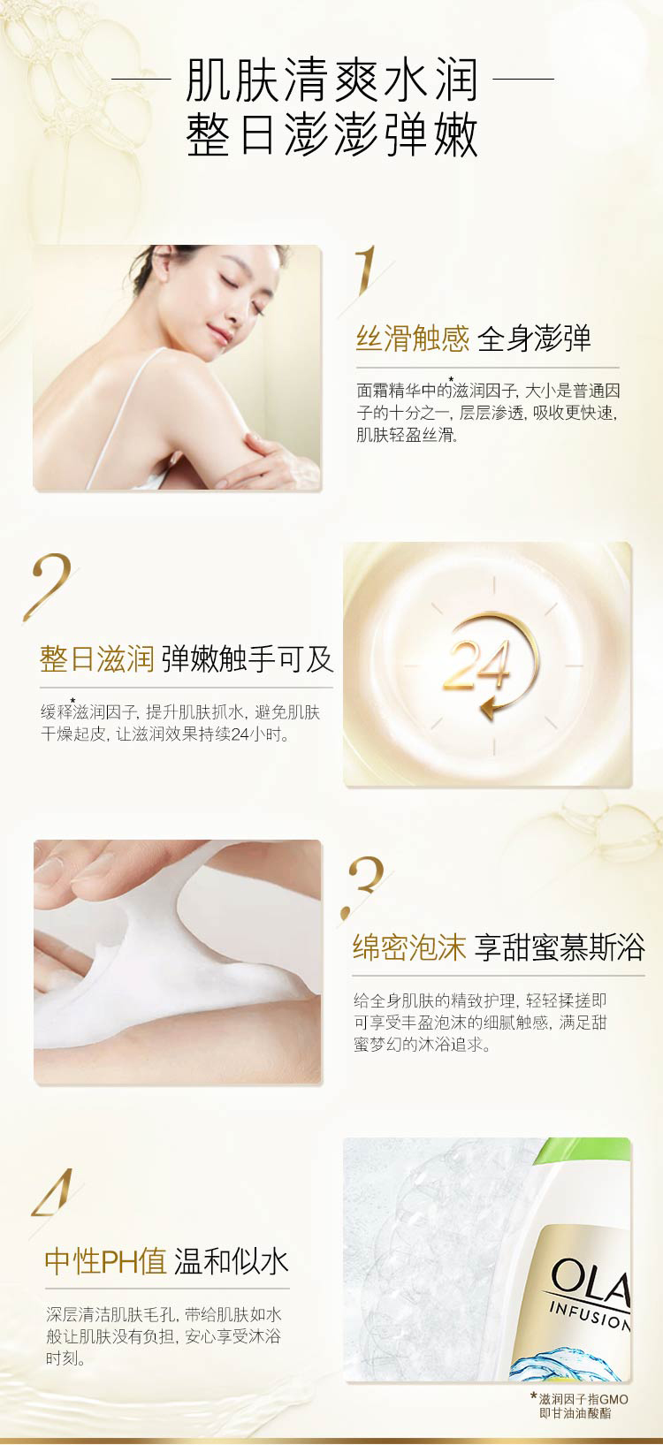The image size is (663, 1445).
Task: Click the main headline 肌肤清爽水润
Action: (332, 80)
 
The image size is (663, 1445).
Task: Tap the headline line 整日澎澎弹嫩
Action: (332, 135)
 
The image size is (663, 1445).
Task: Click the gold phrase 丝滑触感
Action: (413, 338)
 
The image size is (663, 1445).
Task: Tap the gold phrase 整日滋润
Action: (96, 659)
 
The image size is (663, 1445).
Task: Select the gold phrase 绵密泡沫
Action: (409, 947)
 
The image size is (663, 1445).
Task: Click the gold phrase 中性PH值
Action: (106, 1261)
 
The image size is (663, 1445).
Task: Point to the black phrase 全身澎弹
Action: (535, 338)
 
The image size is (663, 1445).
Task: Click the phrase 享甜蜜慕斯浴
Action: (560, 947)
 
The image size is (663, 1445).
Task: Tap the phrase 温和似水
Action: (231, 1261)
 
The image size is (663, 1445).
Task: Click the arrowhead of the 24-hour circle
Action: (490, 708)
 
